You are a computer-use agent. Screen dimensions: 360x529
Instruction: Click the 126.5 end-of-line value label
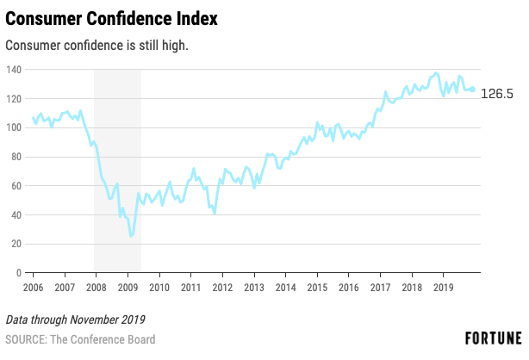pos(497,94)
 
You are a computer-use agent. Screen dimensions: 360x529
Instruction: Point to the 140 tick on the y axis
pos(14,69)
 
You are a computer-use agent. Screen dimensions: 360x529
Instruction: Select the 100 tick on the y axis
pos(14,127)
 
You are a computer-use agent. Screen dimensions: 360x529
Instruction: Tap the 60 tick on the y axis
pos(16,186)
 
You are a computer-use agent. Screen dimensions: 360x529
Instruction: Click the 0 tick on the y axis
pos(19,273)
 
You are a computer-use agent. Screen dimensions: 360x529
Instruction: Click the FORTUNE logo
pos(494,337)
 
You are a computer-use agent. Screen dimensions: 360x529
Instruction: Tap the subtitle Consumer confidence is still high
pos(97,44)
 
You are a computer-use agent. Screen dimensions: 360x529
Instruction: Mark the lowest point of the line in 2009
pos(130,236)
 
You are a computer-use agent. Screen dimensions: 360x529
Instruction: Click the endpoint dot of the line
pos(472,89)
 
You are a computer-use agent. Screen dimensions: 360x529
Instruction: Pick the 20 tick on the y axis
pos(16,244)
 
